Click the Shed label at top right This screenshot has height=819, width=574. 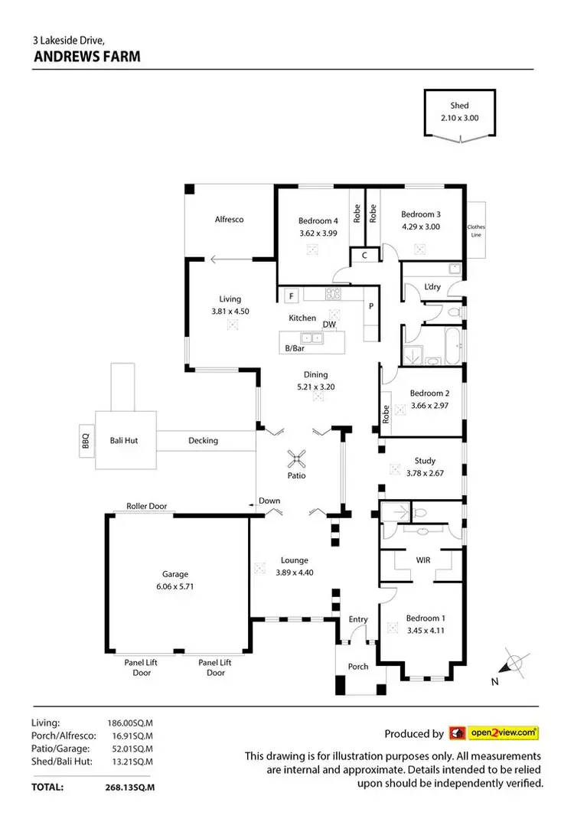tap(459, 106)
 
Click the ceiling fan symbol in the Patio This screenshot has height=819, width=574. tap(297, 459)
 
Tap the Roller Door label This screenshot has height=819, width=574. tap(146, 506)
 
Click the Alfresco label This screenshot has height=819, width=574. tap(229, 220)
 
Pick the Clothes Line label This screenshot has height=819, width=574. tap(476, 231)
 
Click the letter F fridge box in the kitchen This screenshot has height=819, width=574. tap(291, 295)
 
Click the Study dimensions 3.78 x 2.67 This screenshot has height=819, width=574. tap(425, 473)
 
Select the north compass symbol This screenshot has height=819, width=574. tap(514, 663)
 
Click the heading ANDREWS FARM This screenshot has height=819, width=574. tap(86, 56)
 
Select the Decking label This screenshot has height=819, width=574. tap(203, 440)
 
